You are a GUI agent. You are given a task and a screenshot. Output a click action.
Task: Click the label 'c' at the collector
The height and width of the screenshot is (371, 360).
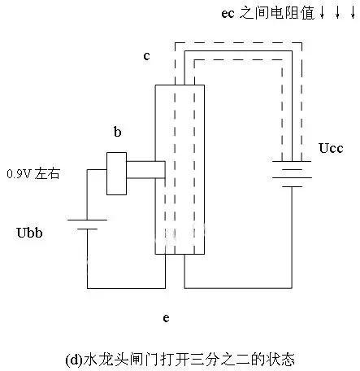coord(146,56)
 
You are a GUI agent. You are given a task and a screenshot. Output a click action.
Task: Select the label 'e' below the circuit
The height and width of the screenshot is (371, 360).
coord(166,318)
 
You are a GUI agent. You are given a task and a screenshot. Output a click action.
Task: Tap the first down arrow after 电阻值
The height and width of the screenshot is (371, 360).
coord(322,13)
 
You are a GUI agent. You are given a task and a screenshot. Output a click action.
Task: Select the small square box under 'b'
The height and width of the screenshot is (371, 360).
coord(117,172)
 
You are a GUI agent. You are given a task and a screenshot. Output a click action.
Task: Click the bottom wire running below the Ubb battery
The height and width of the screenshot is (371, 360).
coord(122,286)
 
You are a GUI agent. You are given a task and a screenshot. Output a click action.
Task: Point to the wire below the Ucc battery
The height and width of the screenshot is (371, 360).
coord(293,244)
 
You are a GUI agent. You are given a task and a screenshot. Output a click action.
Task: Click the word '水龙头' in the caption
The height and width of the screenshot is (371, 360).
coord(99,357)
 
